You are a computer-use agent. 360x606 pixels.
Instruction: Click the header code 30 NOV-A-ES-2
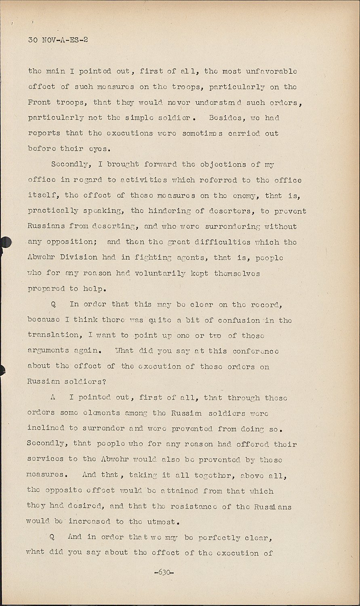pos(58,40)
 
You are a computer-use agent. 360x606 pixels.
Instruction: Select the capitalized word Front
pos(39,102)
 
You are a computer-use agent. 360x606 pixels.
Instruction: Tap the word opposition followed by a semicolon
pos(70,242)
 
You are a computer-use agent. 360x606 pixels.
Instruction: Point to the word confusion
pos(239,320)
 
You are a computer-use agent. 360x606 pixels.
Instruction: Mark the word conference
pos(255,351)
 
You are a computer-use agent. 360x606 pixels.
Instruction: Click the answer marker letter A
pos(53,398)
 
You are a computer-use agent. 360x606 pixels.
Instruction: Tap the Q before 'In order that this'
pos(53,305)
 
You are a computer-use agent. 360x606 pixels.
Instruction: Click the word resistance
pos(196,506)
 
